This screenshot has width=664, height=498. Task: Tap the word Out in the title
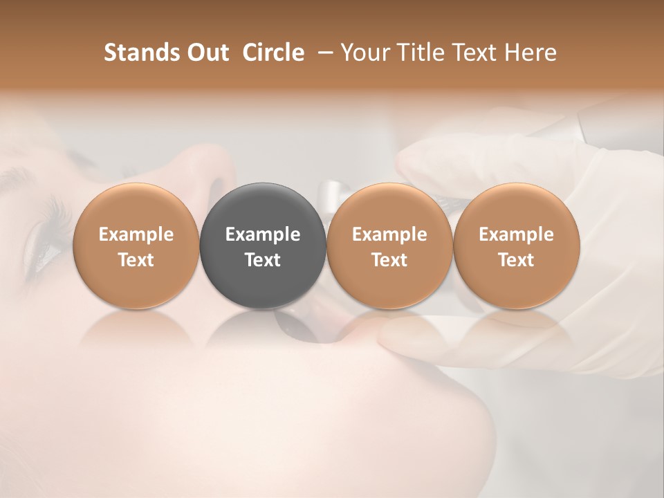tap(208, 53)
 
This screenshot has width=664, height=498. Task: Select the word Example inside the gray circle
tap(262, 234)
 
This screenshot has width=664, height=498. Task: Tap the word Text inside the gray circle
tap(262, 260)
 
